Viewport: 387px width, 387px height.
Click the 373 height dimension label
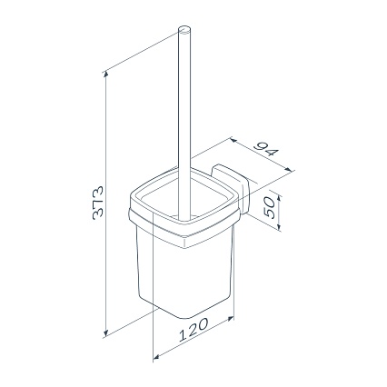coord(97,203)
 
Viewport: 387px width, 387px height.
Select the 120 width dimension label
coord(193,330)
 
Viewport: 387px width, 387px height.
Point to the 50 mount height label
coord(269,208)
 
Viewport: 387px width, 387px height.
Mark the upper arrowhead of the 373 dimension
coord(105,75)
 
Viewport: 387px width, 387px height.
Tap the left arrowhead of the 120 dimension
coord(156,358)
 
